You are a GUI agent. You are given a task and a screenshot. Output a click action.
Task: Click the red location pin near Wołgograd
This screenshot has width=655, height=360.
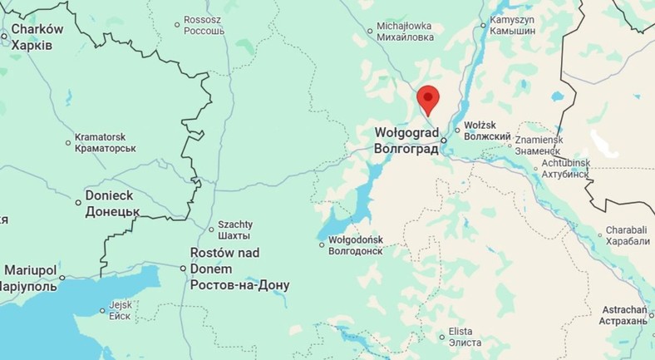click(x=428, y=98)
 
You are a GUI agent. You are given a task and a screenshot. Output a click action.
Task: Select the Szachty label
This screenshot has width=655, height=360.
click(x=235, y=229)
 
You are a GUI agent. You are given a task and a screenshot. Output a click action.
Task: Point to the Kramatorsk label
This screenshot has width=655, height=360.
click(x=106, y=142)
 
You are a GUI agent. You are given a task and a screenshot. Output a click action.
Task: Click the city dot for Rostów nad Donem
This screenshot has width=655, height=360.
click(x=184, y=268)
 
